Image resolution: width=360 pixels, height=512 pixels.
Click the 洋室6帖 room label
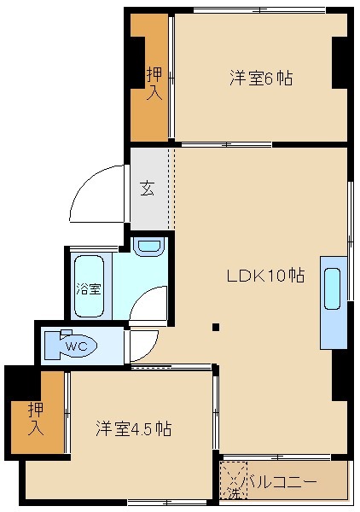pyautogui.click(x=260, y=79)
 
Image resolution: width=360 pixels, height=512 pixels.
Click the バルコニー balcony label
pyautogui.click(x=282, y=482)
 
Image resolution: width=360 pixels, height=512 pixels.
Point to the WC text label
pyautogui.click(x=77, y=346)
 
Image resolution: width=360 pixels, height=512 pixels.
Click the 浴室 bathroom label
pyautogui.click(x=88, y=288)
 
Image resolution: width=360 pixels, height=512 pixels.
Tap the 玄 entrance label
pyautogui.click(x=147, y=188)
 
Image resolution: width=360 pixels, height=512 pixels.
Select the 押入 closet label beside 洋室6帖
pyautogui.click(x=154, y=83)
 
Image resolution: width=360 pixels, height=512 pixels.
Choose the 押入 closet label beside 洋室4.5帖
pyautogui.click(x=36, y=418)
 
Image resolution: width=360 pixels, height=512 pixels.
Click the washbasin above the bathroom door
pyautogui.click(x=149, y=247)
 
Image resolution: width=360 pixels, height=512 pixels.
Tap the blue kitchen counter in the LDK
pyautogui.click(x=333, y=301)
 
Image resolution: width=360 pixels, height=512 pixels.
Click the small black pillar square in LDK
pyautogui.click(x=217, y=326)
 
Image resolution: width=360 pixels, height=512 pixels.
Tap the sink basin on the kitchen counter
pyautogui.click(x=333, y=288)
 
